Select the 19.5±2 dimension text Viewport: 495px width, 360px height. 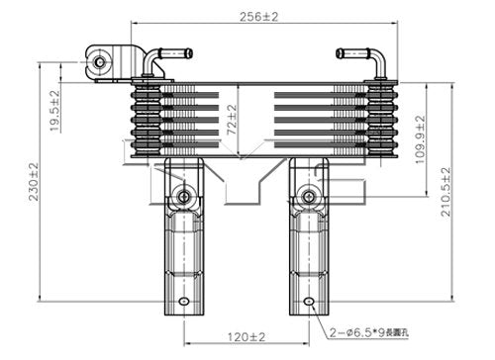click(x=55, y=107)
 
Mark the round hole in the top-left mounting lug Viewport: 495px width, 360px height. click(x=99, y=64)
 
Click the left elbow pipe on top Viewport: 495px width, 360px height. click(x=149, y=61)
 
